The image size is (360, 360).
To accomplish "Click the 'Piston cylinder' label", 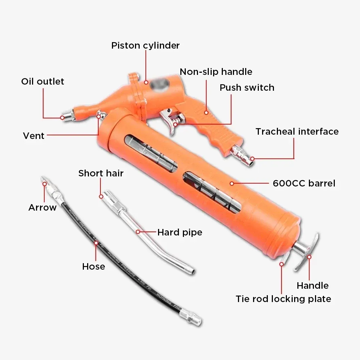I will (x=145, y=45).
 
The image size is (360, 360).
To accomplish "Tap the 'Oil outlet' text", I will (x=42, y=81).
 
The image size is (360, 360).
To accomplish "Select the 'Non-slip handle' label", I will (x=216, y=72).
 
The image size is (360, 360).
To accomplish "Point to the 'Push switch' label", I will (x=247, y=87).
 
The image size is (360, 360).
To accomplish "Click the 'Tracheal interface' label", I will (x=297, y=131).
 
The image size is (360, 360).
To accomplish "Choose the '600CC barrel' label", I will (x=304, y=183).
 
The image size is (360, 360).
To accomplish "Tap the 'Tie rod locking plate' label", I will (x=283, y=299).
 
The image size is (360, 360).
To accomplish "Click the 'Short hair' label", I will (x=101, y=173).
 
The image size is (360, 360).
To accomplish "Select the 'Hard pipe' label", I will (x=180, y=232).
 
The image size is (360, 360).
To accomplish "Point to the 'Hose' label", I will (x=94, y=266).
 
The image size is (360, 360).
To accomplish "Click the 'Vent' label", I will (x=33, y=136).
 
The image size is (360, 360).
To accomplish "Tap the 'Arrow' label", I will (x=42, y=207).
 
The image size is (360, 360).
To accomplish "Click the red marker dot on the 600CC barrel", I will (x=232, y=183).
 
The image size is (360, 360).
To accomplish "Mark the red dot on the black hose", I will (x=96, y=243).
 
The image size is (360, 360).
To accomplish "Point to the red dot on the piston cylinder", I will (x=146, y=82).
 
